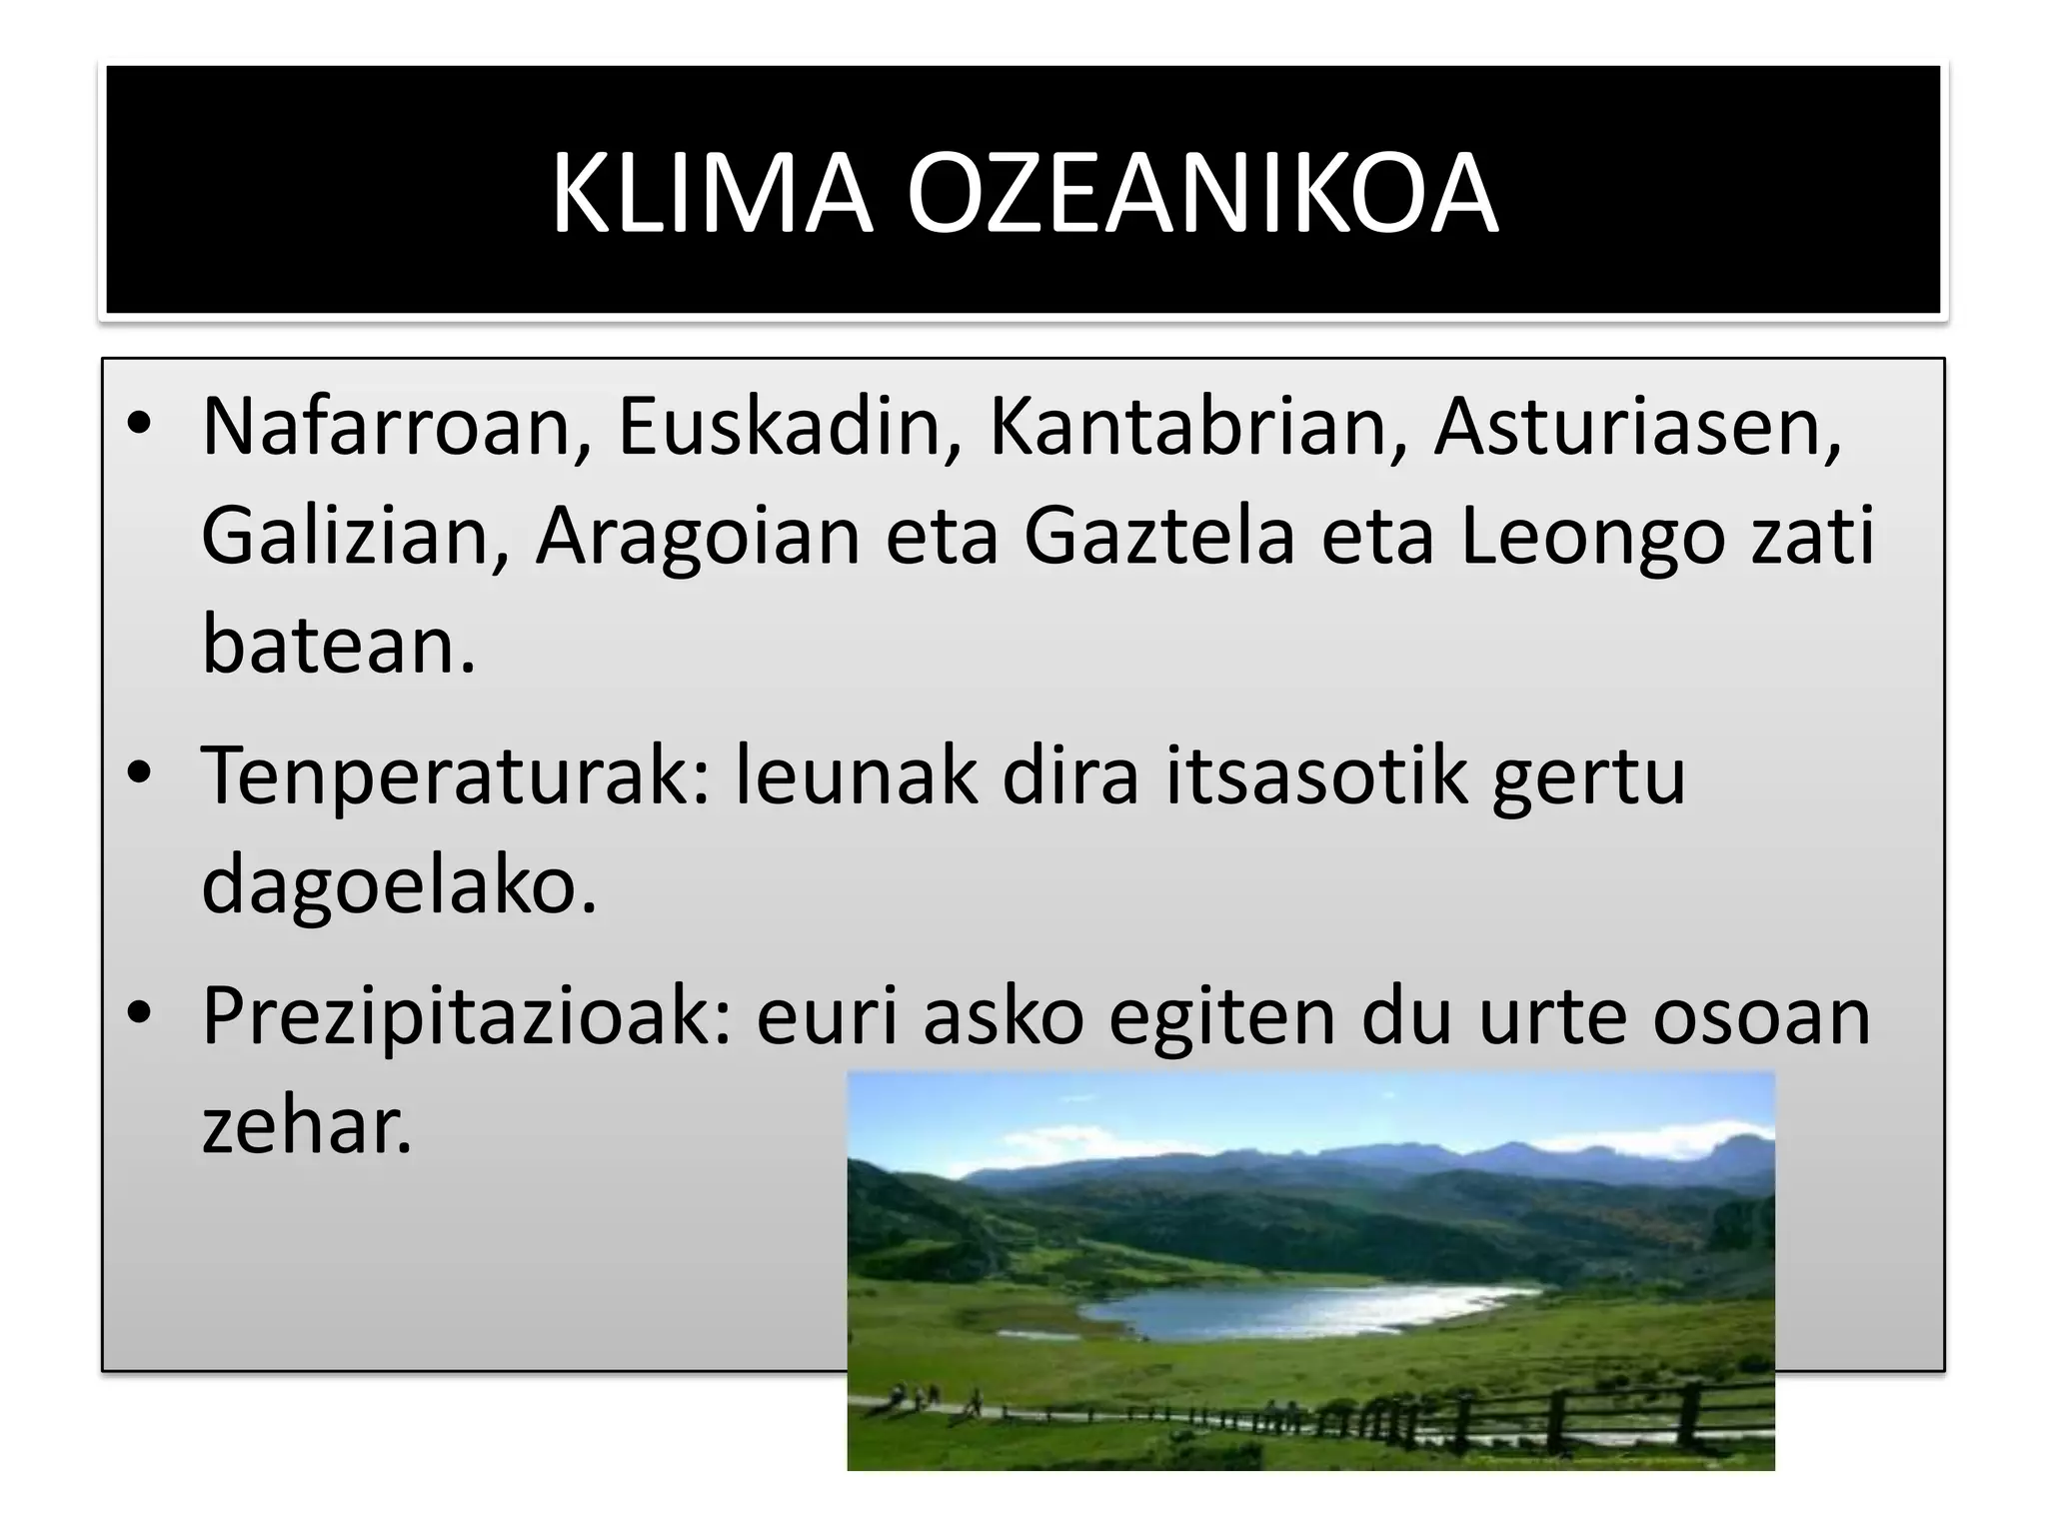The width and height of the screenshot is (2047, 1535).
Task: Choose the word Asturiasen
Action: click(x=1637, y=427)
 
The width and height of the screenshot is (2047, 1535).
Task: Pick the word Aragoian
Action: click(x=698, y=537)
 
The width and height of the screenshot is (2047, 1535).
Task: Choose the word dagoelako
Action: click(x=398, y=885)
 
